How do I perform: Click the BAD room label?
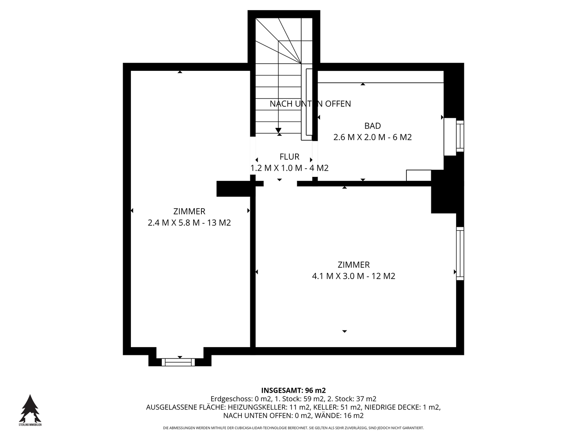coord(372,125)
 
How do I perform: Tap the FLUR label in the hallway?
coord(289,156)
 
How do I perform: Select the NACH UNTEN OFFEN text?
coord(310,103)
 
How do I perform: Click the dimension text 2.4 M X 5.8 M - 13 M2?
coord(189,222)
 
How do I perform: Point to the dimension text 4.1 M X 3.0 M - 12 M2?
coord(353,276)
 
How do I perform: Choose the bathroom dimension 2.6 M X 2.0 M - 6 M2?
coord(372,137)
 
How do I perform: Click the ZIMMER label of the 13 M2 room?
coord(189,211)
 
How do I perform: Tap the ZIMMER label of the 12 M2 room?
coord(353,265)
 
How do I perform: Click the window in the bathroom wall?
coord(460,136)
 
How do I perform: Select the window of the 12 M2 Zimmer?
coord(460,253)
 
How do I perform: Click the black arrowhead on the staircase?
coord(278,130)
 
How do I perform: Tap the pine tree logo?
coord(30,409)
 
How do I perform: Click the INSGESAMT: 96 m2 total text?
coord(293,390)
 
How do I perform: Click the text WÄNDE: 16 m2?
coord(339,416)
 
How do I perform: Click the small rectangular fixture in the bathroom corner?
coord(419,176)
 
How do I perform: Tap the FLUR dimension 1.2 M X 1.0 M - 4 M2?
coord(289,168)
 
